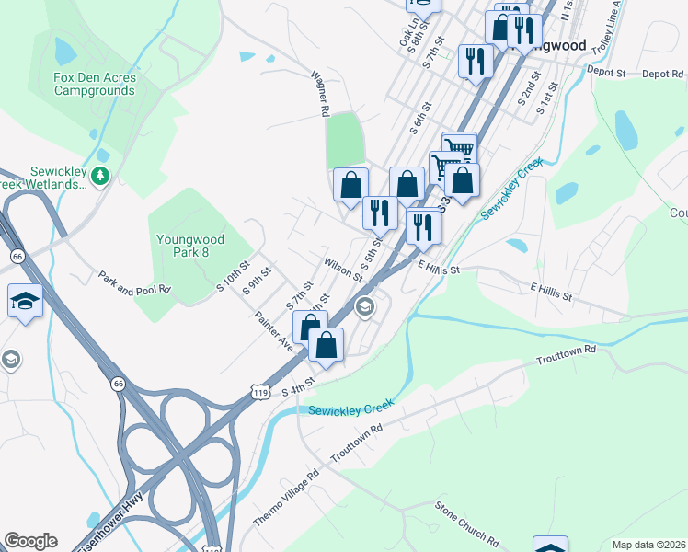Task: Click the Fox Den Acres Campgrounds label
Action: click(95, 84)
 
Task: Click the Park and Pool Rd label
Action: click(135, 282)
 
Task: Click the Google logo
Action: click(30, 541)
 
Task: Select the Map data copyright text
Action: click(648, 545)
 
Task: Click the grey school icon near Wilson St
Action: click(365, 306)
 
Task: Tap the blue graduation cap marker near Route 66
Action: click(25, 301)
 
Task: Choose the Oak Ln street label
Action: click(408, 36)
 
